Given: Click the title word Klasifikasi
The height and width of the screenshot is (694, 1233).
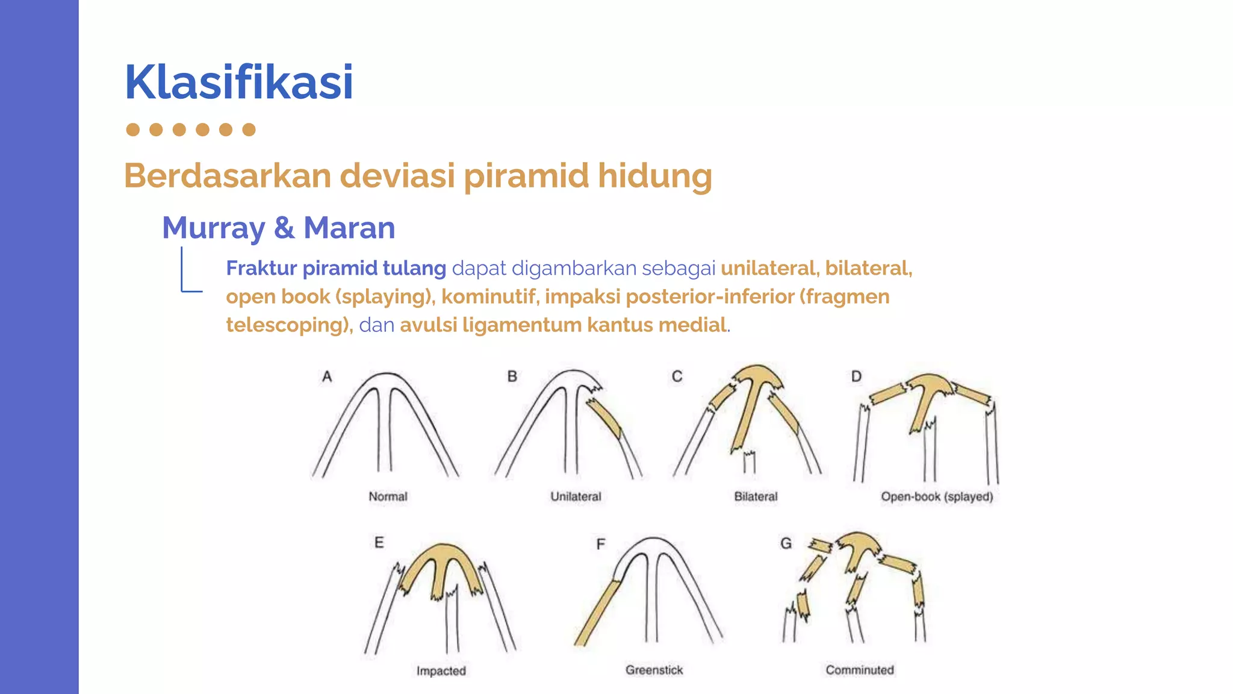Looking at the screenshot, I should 238,83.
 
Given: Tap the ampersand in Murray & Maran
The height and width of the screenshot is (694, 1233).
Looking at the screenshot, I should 284,228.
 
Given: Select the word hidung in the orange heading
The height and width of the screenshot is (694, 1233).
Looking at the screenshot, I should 654,176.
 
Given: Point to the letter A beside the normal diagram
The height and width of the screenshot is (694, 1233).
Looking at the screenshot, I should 327,377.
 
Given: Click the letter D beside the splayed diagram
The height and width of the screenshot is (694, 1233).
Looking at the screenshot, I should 856,377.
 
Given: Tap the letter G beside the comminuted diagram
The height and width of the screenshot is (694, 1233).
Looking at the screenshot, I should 786,543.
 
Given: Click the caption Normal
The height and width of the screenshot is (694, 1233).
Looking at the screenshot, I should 388,496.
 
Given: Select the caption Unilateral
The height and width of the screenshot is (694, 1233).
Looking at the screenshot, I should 576,496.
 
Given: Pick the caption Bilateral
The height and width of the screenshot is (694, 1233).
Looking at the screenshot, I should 756,496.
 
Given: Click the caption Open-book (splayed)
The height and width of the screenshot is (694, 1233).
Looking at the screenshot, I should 937,496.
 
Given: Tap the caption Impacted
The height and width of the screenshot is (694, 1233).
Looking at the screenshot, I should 441,671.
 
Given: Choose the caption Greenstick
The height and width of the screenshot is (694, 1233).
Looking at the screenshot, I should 654,670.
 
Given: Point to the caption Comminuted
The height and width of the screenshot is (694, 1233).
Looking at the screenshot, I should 860,670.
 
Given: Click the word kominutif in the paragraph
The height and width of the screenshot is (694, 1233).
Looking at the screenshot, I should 488,296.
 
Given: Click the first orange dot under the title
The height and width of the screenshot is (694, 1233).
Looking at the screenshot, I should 133,130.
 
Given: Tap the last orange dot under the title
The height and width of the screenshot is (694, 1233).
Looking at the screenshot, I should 249,130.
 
